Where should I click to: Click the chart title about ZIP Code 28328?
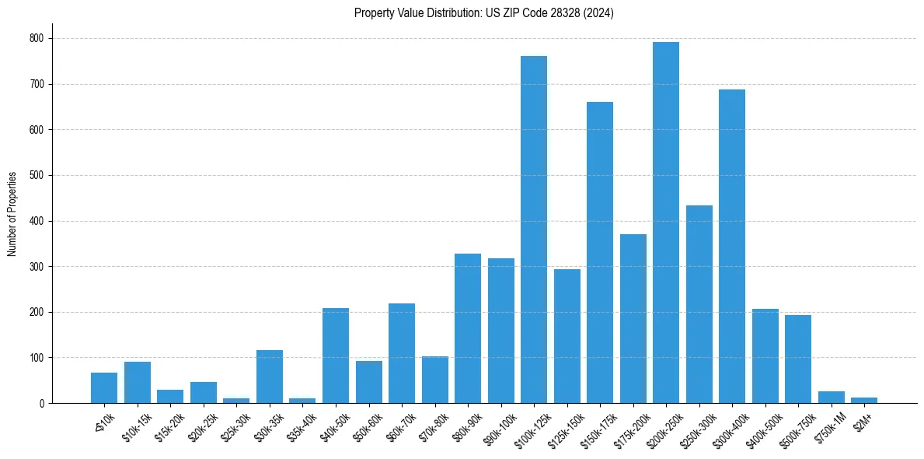(x=483, y=13)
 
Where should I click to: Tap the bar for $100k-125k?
(x=534, y=229)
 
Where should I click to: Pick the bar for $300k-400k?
(x=732, y=247)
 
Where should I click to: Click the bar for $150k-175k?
(x=600, y=253)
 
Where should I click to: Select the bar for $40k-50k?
(x=336, y=356)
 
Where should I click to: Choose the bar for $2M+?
(x=864, y=400)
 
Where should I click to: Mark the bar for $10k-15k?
(x=138, y=382)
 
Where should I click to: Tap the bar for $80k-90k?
(x=468, y=328)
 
